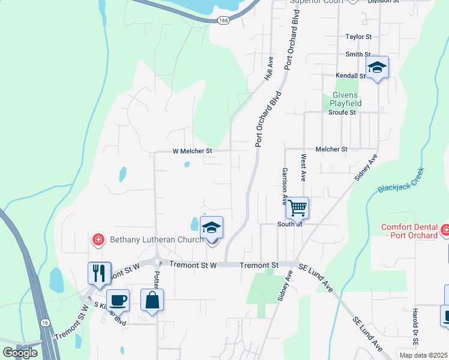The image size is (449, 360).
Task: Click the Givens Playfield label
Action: click(x=343, y=99)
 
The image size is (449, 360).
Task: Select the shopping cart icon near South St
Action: click(x=297, y=208)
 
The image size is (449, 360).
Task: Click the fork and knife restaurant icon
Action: click(x=99, y=273)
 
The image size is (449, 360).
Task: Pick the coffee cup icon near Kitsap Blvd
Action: click(x=118, y=299)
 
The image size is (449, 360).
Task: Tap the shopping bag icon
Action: click(x=152, y=299)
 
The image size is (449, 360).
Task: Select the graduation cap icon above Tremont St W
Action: click(x=211, y=227)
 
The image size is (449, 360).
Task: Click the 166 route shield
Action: click(x=224, y=20)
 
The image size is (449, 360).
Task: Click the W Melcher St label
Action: click(x=193, y=152)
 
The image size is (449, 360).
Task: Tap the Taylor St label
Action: click(x=359, y=37)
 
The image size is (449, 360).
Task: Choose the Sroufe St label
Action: click(x=342, y=112)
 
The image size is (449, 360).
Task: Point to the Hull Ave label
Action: click(x=270, y=68)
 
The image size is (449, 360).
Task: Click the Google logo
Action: click(x=20, y=352)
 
